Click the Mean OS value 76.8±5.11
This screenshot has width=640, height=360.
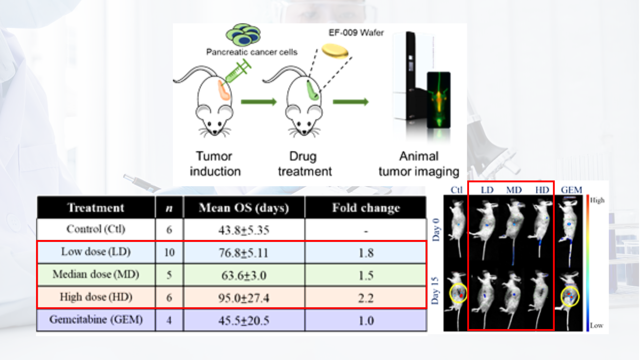tap(244, 253)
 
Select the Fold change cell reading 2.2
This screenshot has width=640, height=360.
tap(366, 298)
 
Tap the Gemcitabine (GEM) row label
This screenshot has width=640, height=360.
tap(96, 320)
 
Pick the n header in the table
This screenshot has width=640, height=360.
tap(169, 208)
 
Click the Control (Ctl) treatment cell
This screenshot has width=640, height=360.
tap(96, 229)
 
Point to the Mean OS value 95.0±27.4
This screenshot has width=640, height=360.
tap(244, 298)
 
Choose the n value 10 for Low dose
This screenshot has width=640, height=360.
tap(169, 253)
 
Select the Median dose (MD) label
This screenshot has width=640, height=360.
tap(96, 275)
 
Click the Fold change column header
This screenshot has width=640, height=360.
tap(366, 208)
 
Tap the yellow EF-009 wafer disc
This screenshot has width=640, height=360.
tap(335, 51)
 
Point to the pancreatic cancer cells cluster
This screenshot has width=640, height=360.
tap(243, 35)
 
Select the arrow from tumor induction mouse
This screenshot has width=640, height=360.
tap(259, 102)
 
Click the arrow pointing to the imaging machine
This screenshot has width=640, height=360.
tap(351, 102)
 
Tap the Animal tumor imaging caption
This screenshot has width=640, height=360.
tap(419, 164)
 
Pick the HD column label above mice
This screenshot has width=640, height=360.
tap(542, 190)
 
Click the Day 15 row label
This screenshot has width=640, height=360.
tap(435, 291)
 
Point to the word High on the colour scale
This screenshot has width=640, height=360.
tap(597, 201)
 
